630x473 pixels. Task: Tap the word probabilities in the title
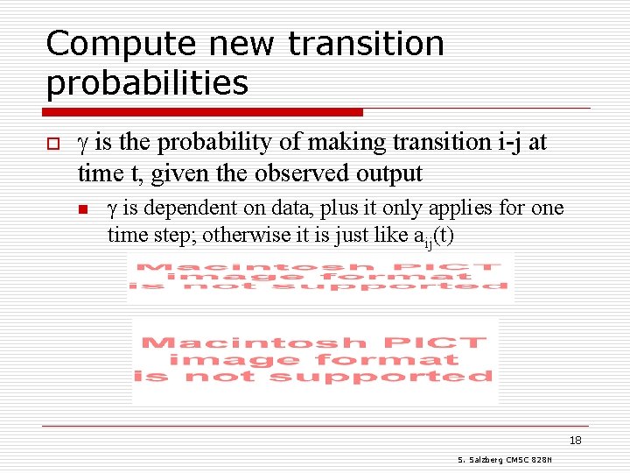(x=147, y=83)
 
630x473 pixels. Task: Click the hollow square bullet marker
(x=52, y=143)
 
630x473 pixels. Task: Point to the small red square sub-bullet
(x=84, y=209)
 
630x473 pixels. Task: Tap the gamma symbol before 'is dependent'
(x=112, y=209)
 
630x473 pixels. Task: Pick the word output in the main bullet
(x=388, y=173)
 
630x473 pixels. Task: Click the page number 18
(x=575, y=440)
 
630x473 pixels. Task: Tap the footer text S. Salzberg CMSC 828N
(x=510, y=460)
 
